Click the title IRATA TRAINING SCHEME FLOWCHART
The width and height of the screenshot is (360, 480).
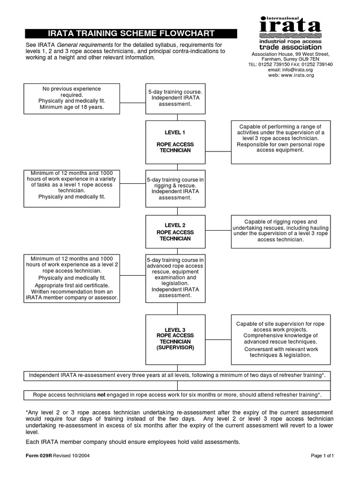point(131,33)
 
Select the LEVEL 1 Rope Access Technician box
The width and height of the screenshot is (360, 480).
point(175,142)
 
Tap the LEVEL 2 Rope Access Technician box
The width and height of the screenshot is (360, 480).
point(175,232)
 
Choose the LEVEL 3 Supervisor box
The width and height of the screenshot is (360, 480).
point(175,340)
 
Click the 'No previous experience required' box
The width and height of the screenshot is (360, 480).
point(72,98)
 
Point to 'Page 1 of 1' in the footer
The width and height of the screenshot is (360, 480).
point(322,455)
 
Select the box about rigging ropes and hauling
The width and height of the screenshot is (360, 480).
point(281,231)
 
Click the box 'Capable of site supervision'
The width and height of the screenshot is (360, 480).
point(281,339)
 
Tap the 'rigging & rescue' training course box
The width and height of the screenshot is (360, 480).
point(175,188)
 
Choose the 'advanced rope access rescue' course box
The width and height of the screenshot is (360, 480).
point(175,277)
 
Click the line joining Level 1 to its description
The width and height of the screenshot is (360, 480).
point(218,151)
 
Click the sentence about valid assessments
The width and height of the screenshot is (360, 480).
point(133,442)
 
